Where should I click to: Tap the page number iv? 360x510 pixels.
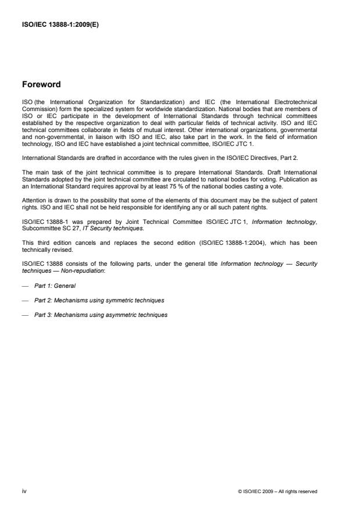24,491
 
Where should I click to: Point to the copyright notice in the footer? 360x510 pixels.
278,491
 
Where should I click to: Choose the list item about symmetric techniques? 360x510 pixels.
99,300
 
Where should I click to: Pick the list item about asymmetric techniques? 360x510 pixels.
101,315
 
